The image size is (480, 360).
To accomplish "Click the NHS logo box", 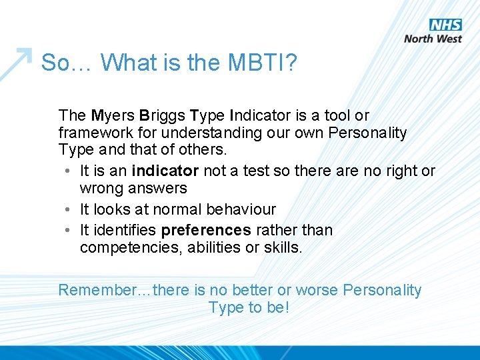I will pos(445,25).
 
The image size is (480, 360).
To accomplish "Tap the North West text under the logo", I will pos(433,39).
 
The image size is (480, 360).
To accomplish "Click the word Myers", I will pos(113,115).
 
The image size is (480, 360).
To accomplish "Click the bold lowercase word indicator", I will pos(165,171).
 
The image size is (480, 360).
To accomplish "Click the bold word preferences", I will pos(206,230).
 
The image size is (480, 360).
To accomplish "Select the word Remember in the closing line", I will pos(96,290).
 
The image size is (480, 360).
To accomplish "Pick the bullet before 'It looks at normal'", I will pos(69,209).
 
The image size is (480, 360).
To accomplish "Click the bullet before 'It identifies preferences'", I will pos(69,230).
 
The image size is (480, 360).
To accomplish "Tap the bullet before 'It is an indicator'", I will pos(69,171).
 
